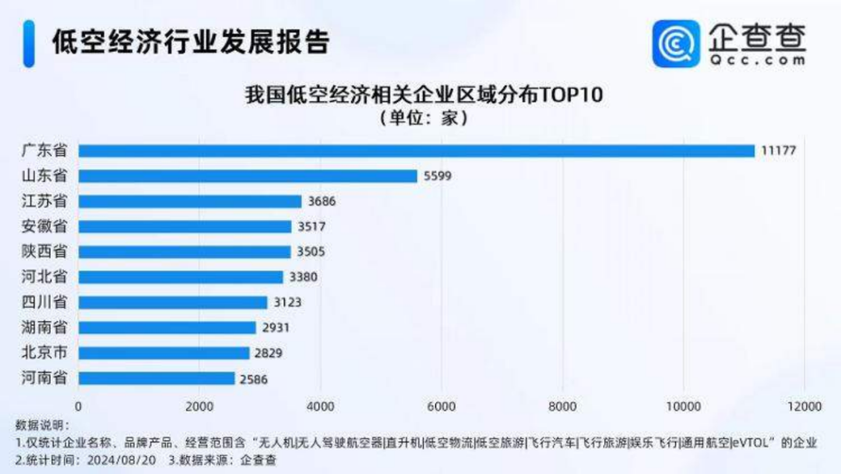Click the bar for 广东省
[417, 150]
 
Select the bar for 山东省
[248, 176]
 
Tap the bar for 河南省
[157, 378]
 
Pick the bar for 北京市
[164, 353]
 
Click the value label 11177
[779, 150]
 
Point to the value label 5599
[438, 176]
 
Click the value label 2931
[276, 327]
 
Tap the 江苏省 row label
[44, 201]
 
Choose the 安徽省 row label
[44, 227]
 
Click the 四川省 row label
[44, 302]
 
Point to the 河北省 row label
[44, 277]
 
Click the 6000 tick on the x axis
[442, 406]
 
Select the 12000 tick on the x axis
[804, 406]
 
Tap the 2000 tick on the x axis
[199, 406]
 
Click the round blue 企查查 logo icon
[675, 44]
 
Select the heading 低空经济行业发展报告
[191, 43]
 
